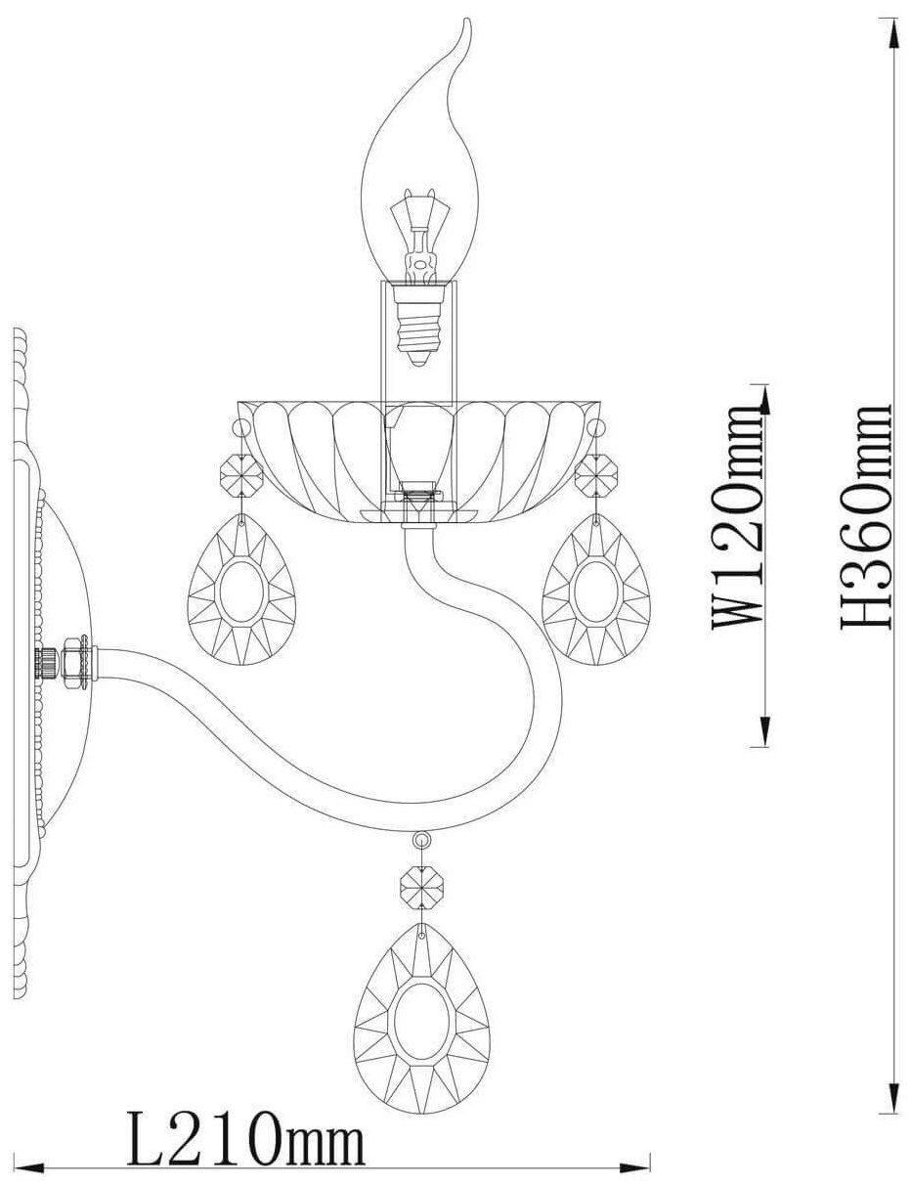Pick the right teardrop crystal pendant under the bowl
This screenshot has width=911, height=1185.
click(595, 591)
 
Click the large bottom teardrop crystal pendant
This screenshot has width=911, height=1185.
click(421, 1014)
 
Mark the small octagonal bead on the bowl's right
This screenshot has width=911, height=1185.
click(595, 477)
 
